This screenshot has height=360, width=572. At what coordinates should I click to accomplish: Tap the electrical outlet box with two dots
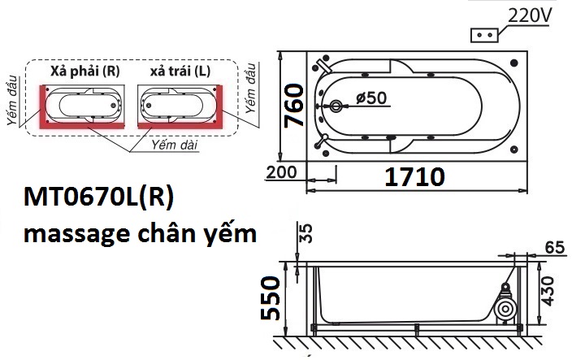pos(485,36)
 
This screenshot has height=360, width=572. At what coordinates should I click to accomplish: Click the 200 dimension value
pos(280,172)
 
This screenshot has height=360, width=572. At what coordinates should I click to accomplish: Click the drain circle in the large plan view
pos(337,106)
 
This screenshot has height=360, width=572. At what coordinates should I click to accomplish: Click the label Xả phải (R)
pos(84,71)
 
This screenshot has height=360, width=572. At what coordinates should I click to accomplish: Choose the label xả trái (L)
pos(180,71)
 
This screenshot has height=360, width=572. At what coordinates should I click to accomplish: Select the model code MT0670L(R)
pos(99,198)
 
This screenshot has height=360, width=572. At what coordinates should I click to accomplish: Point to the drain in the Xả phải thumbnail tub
pos(112,105)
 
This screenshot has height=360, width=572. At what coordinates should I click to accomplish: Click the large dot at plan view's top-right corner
pos(516,61)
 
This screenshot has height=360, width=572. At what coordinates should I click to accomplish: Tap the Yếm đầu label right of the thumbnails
pos(254,86)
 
